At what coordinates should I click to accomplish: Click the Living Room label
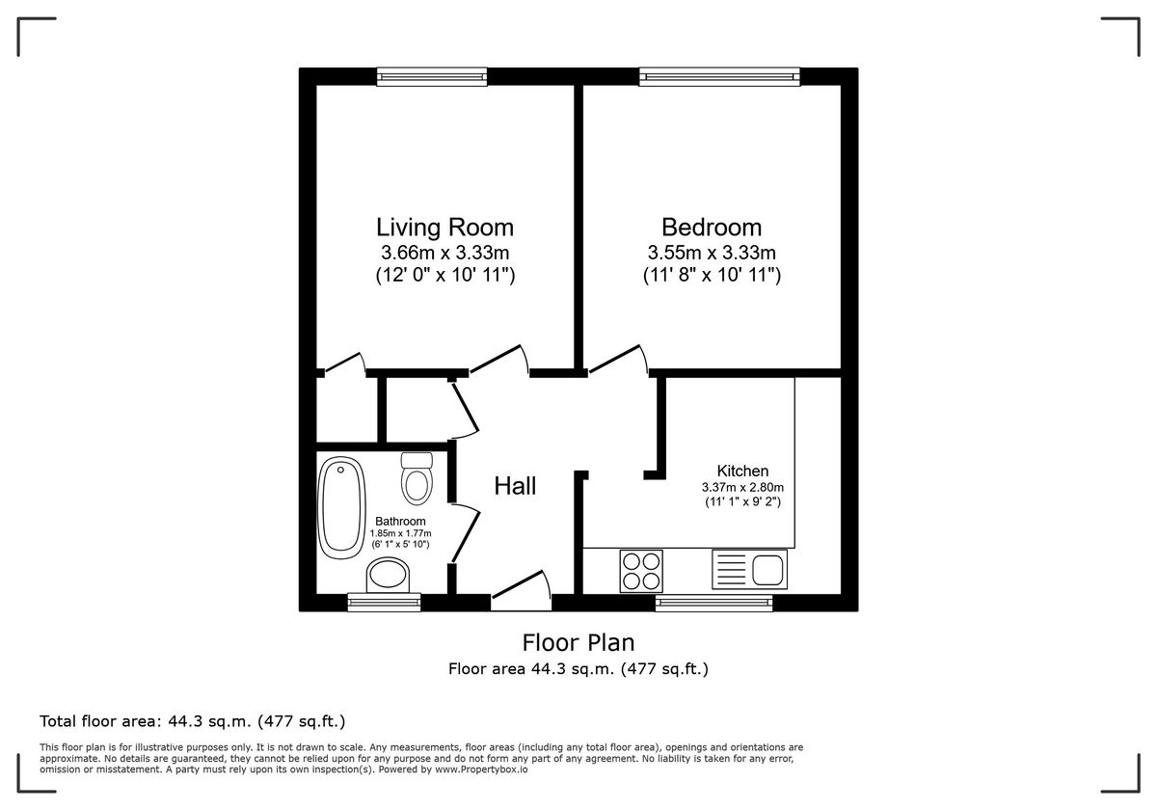pyautogui.click(x=444, y=228)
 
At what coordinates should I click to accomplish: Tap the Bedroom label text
pyautogui.click(x=711, y=228)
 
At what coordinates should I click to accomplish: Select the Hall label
pyautogui.click(x=515, y=487)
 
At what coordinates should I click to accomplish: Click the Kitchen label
pyautogui.click(x=742, y=471)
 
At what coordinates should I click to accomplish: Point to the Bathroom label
pyautogui.click(x=400, y=522)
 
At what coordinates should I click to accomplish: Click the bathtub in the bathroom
pyautogui.click(x=341, y=507)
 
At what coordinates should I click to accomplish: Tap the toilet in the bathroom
pyautogui.click(x=417, y=477)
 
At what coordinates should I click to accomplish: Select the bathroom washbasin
pyautogui.click(x=390, y=578)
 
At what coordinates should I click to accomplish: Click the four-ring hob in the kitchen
pyautogui.click(x=641, y=569)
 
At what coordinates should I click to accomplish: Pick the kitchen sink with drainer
pyautogui.click(x=750, y=568)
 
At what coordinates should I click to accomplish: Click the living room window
pyautogui.click(x=432, y=76)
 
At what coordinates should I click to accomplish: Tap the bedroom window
pyautogui.click(x=719, y=76)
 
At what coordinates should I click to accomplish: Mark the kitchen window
pyautogui.click(x=713, y=603)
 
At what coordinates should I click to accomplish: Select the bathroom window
pyautogui.click(x=384, y=603)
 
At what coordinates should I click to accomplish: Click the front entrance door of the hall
pyautogui.click(x=521, y=590)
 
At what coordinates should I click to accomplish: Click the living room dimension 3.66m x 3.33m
pyautogui.click(x=444, y=254)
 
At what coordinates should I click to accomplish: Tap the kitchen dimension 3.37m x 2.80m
pyautogui.click(x=742, y=487)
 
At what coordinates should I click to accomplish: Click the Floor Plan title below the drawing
pyautogui.click(x=578, y=642)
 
